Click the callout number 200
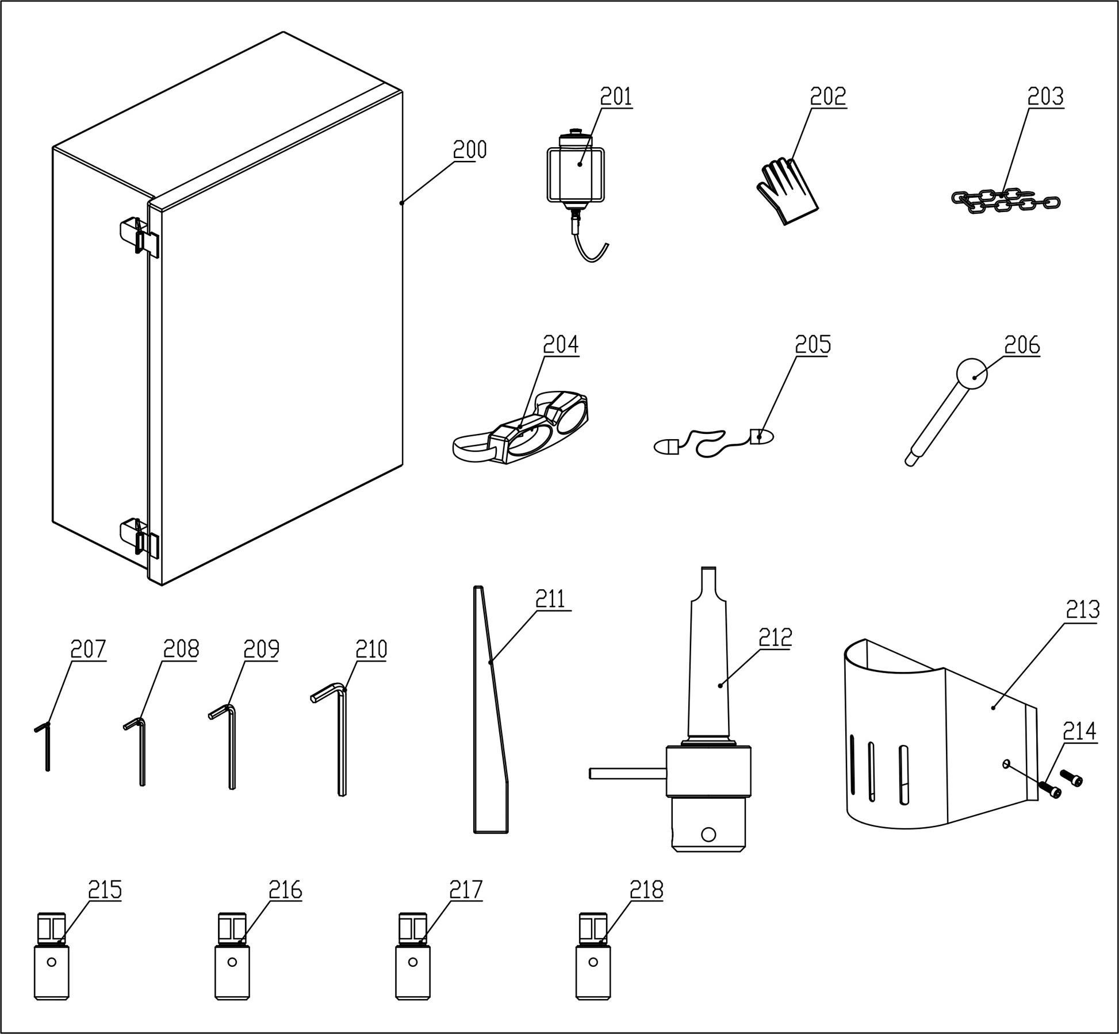coord(469,149)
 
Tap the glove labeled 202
coord(787,191)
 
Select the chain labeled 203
coord(1005,202)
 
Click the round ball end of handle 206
coord(972,374)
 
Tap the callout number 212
coord(775,637)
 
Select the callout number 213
coord(1082,609)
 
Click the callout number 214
coord(1079,731)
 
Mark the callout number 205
coord(813,344)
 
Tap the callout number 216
coord(285,890)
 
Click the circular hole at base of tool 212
coord(708,834)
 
